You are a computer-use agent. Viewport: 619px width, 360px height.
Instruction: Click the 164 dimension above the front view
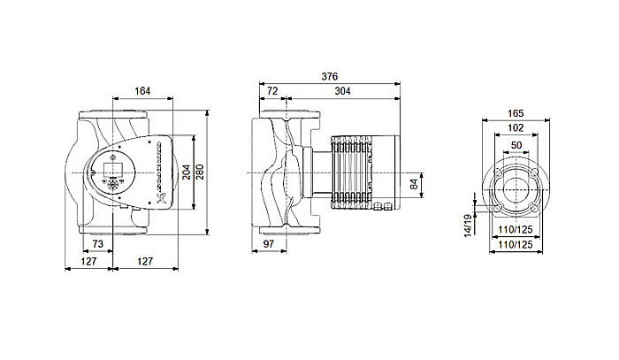141,88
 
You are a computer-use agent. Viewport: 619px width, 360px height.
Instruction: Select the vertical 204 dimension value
186,172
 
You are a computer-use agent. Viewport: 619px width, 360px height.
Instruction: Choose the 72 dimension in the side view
272,91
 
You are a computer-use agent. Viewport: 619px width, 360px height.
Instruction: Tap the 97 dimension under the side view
272,242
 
